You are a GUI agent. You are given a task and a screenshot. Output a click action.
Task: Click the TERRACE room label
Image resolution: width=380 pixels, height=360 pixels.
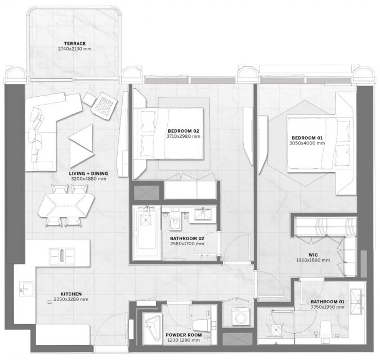pyautogui.click(x=75, y=43)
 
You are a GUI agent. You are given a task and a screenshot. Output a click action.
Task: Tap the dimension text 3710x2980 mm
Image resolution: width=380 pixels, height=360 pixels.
pyautogui.click(x=184, y=136)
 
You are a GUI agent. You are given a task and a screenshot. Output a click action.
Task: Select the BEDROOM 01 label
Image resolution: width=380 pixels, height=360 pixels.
pyautogui.click(x=307, y=138)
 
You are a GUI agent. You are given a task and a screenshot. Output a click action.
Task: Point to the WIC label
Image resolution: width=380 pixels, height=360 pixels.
pyautogui.click(x=313, y=255)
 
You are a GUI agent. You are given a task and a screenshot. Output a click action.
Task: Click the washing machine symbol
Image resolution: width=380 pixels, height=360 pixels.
pyautogui.click(x=240, y=317)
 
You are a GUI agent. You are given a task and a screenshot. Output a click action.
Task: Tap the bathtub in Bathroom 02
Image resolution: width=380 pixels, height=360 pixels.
pyautogui.click(x=146, y=233)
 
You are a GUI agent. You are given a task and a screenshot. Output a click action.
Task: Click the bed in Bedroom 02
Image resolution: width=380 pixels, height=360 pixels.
pyautogui.click(x=169, y=134)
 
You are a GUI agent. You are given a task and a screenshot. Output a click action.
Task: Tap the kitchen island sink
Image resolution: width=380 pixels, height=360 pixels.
pyautogui.click(x=62, y=255)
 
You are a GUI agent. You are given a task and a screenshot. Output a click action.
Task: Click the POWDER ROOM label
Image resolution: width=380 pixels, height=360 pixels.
pyautogui.click(x=184, y=335)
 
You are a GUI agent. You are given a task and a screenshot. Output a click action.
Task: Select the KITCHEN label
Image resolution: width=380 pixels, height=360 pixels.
pyautogui.click(x=71, y=294)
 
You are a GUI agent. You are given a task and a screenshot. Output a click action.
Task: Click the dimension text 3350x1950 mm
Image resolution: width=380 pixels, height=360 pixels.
pyautogui.click(x=328, y=307)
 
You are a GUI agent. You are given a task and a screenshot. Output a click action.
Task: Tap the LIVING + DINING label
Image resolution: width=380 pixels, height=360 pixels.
pyautogui.click(x=88, y=174)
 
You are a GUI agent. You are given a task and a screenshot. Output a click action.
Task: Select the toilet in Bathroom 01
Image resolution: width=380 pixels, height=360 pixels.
pyautogui.click(x=325, y=328)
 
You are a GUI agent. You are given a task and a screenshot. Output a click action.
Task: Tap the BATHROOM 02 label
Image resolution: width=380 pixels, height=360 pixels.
pyautogui.click(x=187, y=238)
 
